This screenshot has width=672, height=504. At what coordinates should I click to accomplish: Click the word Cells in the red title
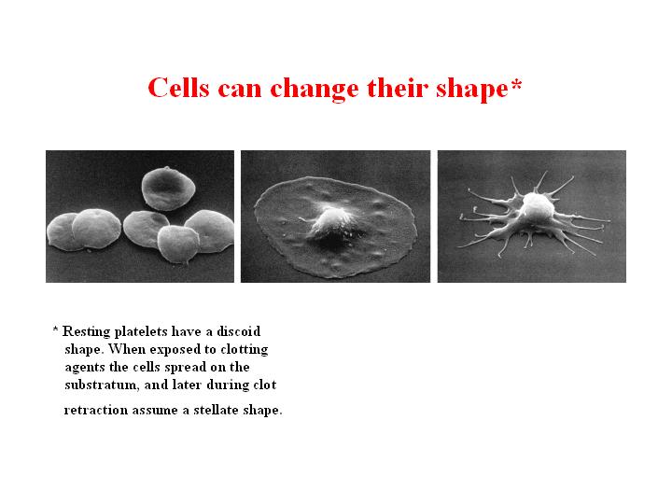(x=178, y=89)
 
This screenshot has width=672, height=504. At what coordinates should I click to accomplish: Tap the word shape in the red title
(x=472, y=90)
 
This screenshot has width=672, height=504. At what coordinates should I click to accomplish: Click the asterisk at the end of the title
(x=516, y=83)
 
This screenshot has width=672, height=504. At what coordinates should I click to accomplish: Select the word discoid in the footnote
(x=238, y=331)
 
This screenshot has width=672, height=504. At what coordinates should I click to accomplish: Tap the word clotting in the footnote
(x=245, y=350)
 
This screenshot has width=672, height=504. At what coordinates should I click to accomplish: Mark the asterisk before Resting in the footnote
(x=55, y=329)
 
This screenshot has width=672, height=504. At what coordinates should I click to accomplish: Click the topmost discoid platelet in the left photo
(x=168, y=189)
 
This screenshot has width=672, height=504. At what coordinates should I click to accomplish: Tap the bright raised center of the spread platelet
(x=331, y=220)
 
